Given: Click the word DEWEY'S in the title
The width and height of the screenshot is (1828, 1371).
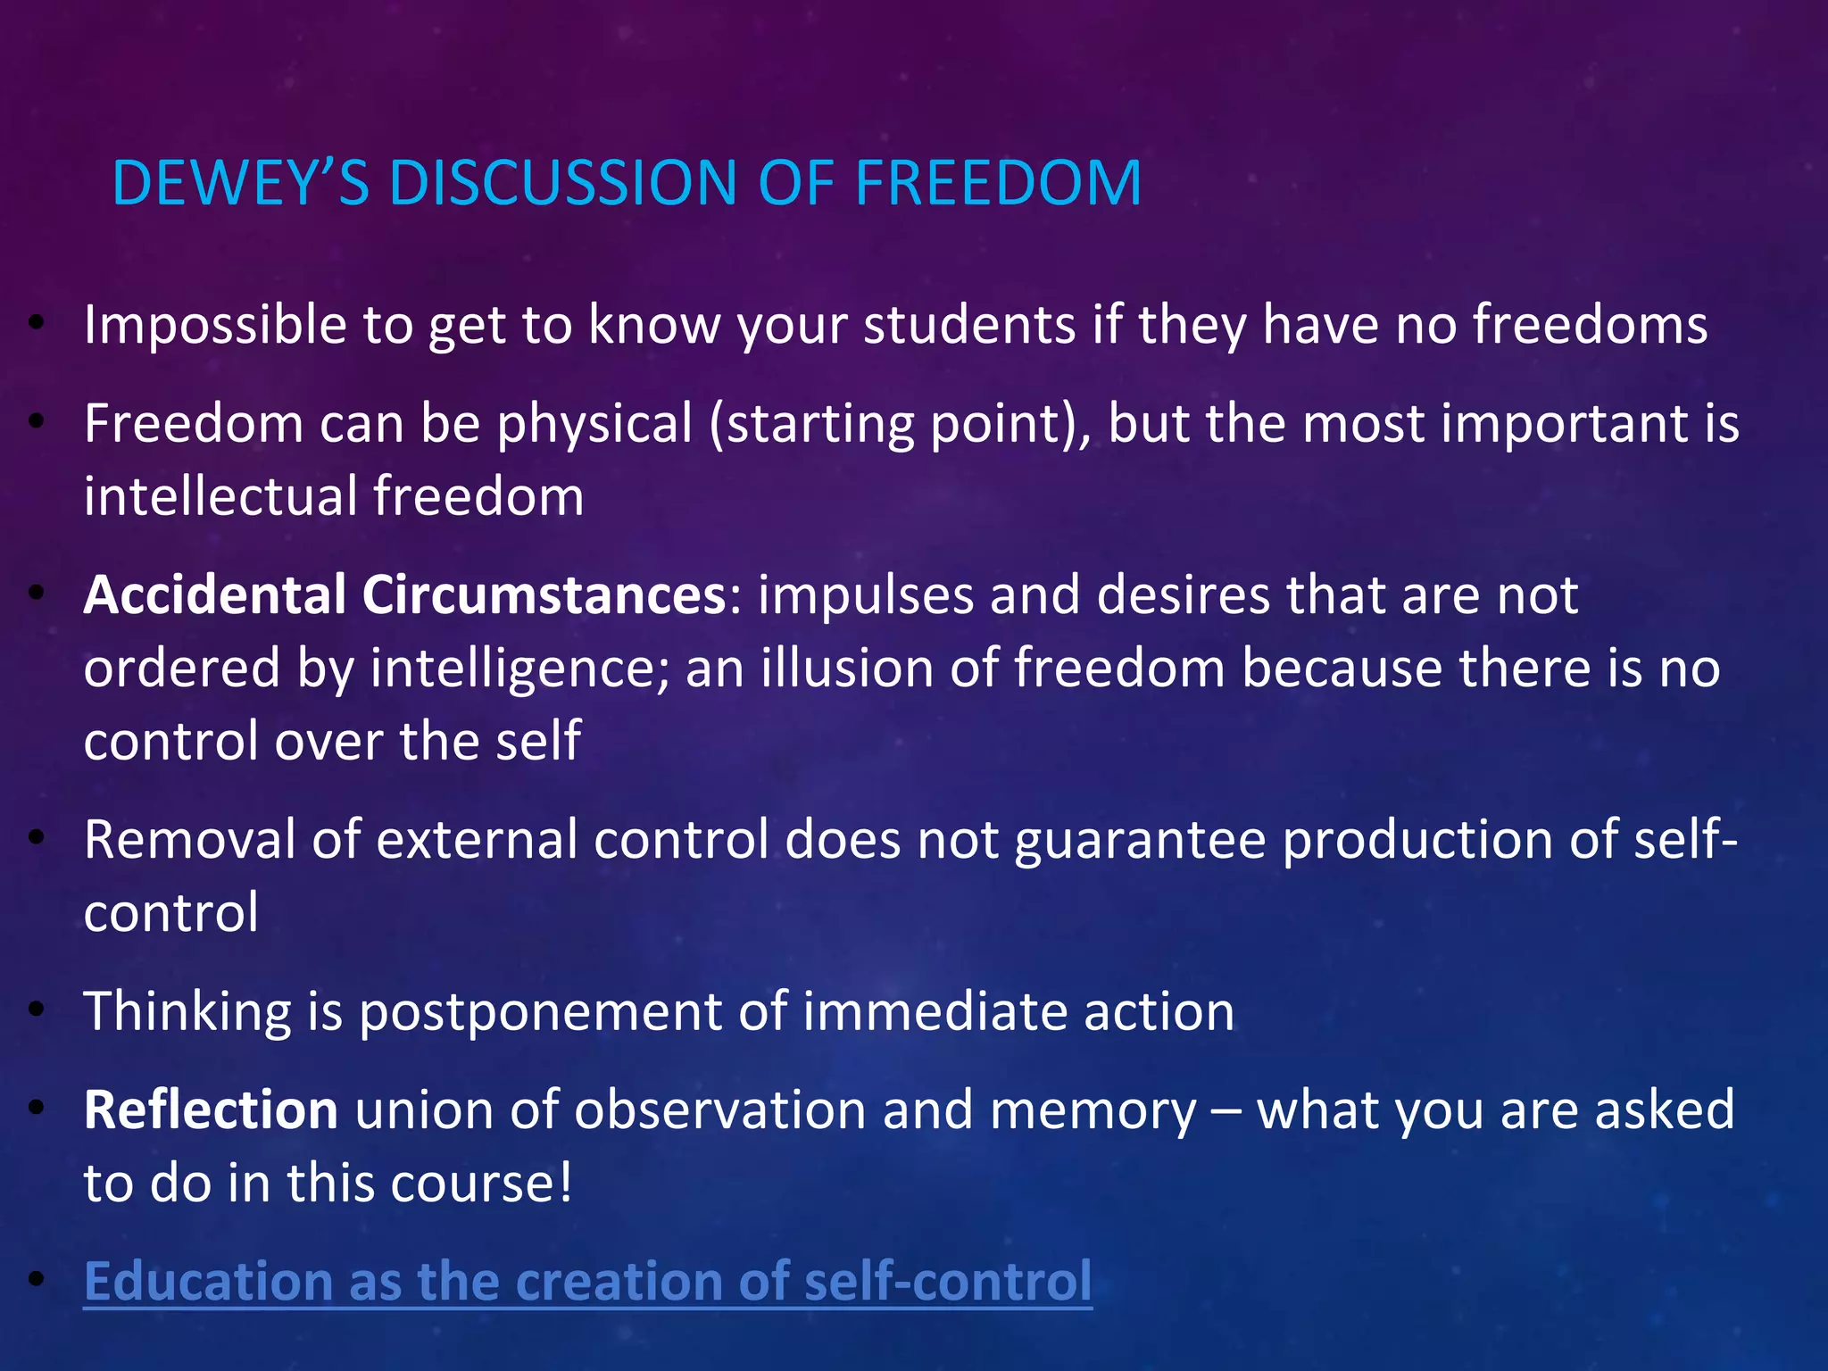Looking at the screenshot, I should pos(239,184).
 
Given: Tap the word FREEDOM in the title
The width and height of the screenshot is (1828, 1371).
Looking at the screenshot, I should pos(997,184).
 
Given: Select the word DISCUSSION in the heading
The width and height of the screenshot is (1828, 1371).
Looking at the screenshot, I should pos(562,184).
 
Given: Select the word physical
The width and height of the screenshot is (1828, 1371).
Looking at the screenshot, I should pos(594,424).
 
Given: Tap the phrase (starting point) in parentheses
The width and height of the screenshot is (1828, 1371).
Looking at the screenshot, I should pos(899,424).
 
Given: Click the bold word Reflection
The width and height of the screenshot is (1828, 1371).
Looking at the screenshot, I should pos(211,1110).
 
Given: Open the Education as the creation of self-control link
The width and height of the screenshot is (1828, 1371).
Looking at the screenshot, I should pos(587,1282).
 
